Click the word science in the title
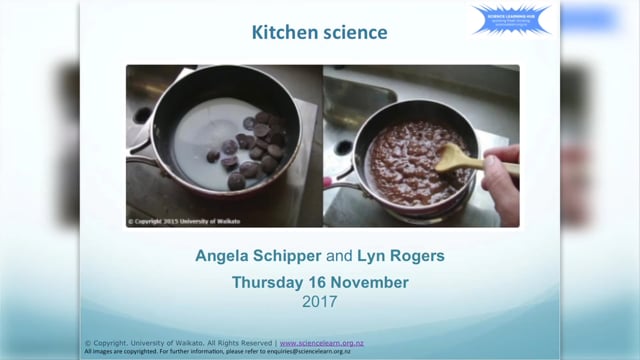(352, 34)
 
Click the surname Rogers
(417, 257)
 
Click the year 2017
(320, 300)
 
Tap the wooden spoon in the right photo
(462, 158)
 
